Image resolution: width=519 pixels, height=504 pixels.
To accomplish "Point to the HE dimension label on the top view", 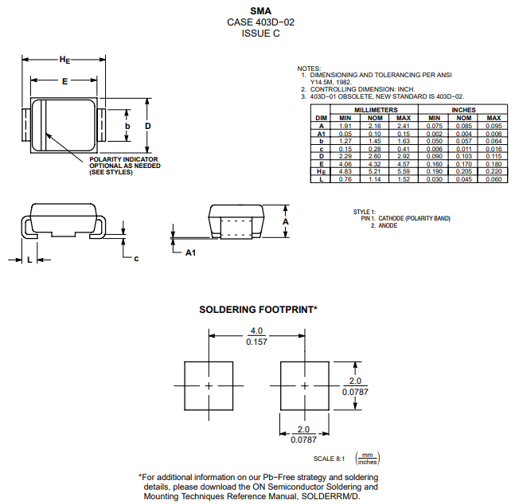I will point(65,60).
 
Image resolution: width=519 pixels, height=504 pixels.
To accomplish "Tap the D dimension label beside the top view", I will point(148,127).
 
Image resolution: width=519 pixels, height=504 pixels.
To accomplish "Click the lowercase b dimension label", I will point(127,127).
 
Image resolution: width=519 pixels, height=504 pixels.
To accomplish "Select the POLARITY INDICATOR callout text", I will point(123,159).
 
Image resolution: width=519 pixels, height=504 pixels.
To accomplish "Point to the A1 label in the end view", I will point(190,252).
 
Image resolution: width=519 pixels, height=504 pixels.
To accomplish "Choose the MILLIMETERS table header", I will point(376,110).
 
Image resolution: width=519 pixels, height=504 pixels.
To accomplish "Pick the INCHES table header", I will point(463,110).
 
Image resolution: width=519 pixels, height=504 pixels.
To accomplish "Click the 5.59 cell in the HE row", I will point(404,172).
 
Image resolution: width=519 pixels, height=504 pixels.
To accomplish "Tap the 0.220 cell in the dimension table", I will point(494,172).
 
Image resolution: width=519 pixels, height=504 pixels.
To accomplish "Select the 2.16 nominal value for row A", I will point(374,126).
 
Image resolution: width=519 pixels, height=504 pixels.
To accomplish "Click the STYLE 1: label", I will point(365,212).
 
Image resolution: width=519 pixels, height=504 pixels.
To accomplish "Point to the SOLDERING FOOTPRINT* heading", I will point(258,309).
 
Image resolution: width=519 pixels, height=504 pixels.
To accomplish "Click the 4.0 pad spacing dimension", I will point(256,330).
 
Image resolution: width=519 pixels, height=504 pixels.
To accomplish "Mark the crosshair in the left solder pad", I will point(209,385).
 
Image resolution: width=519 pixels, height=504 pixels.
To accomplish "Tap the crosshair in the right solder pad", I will point(304,385).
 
